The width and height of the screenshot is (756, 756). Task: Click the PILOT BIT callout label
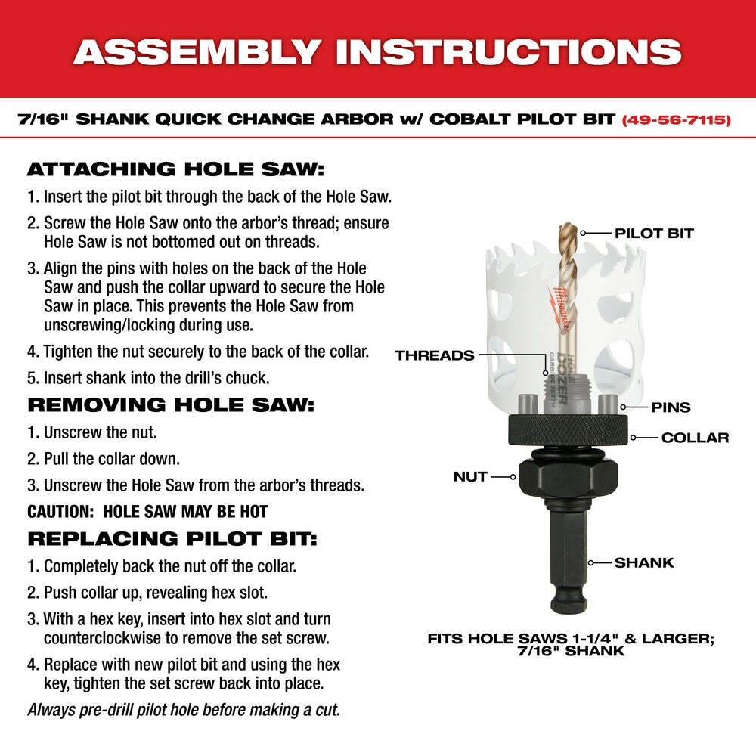(x=655, y=233)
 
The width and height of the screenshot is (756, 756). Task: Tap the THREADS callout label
(x=435, y=355)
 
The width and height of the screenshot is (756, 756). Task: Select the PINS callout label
(x=671, y=407)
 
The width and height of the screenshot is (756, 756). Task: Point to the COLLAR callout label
(x=695, y=437)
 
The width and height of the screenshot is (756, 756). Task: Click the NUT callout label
(x=470, y=477)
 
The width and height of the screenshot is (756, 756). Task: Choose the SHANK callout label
(x=643, y=562)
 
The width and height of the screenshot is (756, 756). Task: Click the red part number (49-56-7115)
(x=676, y=119)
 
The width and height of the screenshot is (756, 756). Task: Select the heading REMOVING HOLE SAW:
(x=170, y=404)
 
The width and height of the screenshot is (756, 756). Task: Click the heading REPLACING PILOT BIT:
(x=172, y=538)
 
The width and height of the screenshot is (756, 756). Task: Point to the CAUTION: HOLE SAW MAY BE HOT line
(x=147, y=511)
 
